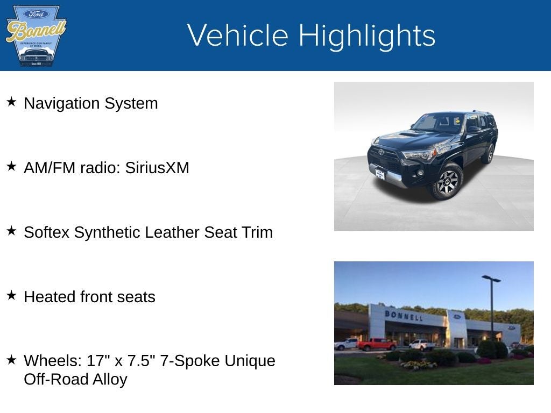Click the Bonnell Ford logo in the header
[36, 35]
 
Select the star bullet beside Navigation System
[11, 102]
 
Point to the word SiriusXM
[157, 168]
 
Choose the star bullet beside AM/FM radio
[11, 166]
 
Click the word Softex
[47, 232]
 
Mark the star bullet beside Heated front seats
[11, 295]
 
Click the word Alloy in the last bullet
[109, 379]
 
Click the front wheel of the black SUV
[447, 182]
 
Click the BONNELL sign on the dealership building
[403, 316]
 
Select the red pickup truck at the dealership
[376, 344]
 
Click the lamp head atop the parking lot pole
[491, 279]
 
